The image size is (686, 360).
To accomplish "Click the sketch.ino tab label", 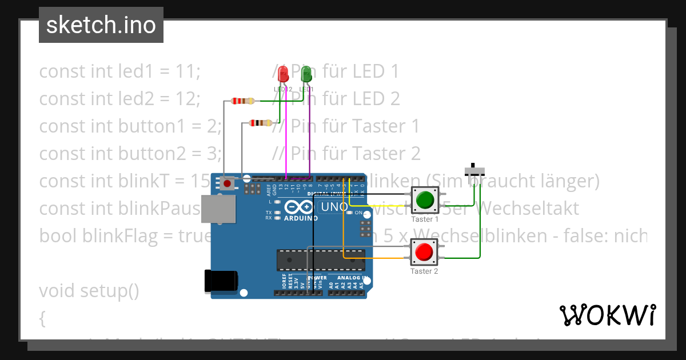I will point(101,25).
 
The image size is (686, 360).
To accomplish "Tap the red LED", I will point(282,74).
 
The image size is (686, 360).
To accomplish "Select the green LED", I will point(306,74).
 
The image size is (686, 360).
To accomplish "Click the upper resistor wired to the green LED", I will point(243,101).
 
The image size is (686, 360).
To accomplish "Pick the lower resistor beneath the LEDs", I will point(261,122).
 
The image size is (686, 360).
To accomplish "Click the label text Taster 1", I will point(425,219).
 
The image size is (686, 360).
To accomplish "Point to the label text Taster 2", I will point(424,271).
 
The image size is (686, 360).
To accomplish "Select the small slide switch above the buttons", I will point(474,170).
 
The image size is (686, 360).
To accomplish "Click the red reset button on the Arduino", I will point(228,183).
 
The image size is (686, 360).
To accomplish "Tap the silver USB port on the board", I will point(218,209).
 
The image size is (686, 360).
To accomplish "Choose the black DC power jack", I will point(221,282).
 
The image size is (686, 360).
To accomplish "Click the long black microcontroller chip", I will point(321,259).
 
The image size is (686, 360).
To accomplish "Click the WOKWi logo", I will point(607,315).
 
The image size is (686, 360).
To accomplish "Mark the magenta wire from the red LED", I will point(286,137).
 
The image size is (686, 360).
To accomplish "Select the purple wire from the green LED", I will point(310,137).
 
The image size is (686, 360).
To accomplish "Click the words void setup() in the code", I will point(89,291).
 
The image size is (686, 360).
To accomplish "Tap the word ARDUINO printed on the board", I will point(301,218).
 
